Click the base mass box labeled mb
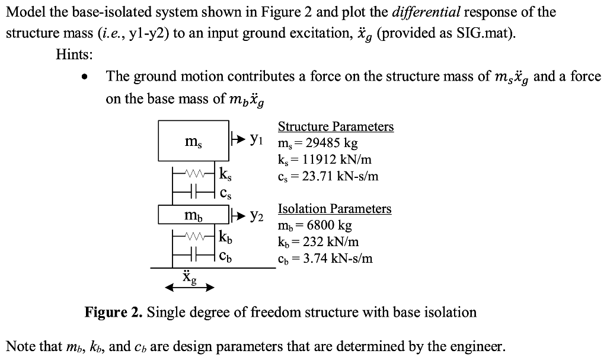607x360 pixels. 194,215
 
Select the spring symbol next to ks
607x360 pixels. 194,174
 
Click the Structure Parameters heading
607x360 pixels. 336,127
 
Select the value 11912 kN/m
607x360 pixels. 339,160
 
